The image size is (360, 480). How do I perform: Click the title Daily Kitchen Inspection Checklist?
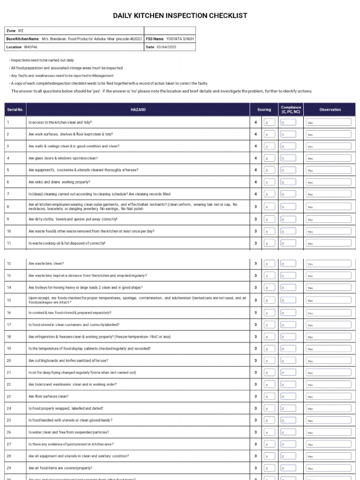(x=180, y=16)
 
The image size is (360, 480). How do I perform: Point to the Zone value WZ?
(x=21, y=30)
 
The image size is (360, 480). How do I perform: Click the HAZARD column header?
(x=138, y=110)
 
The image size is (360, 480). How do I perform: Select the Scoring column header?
(x=264, y=110)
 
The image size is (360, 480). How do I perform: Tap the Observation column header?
(x=330, y=110)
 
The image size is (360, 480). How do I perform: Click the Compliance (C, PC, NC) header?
(x=291, y=110)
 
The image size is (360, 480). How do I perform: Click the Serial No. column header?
(x=15, y=110)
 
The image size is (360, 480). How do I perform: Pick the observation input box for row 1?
(x=328, y=122)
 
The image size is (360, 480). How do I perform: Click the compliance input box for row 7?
(x=288, y=194)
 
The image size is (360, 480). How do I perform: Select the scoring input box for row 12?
(x=269, y=263)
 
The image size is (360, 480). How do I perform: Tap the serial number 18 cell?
(x=9, y=337)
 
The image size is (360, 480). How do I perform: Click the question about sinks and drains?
(x=60, y=182)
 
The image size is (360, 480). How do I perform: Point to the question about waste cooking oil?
(x=67, y=243)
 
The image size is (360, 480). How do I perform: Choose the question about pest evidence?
(x=71, y=444)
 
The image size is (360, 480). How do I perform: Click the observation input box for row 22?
(x=328, y=385)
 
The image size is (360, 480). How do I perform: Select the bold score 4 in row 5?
(x=255, y=170)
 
